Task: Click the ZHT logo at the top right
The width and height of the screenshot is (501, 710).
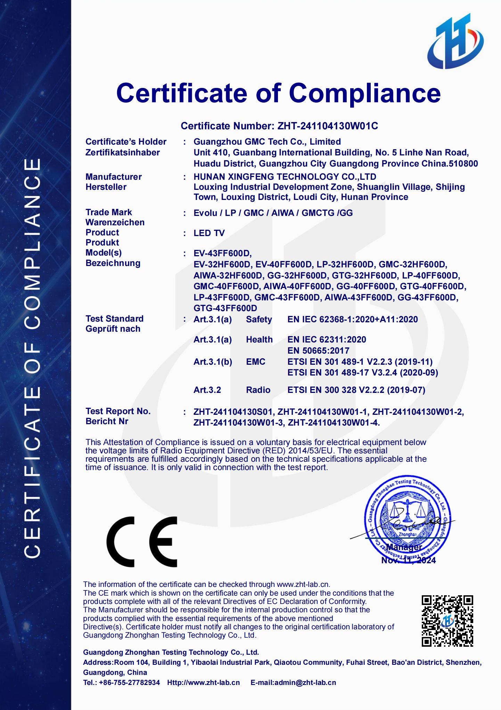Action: coord(455,42)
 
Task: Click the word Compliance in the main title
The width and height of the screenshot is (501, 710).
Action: coord(364,93)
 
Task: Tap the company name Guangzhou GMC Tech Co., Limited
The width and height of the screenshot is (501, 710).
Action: coord(267,142)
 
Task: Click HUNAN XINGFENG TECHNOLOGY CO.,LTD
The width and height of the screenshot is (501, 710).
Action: coord(285,177)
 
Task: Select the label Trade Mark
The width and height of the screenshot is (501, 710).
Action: coord(108,212)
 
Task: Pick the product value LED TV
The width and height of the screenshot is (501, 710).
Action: coord(209,233)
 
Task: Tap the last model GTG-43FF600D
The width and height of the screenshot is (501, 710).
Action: coord(225,308)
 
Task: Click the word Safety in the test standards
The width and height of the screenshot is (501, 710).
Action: coord(259,319)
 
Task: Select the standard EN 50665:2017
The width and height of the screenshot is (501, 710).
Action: coord(318,350)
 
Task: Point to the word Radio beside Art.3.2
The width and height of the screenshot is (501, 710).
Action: coord(258,390)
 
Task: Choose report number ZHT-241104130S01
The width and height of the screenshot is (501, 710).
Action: coord(233,412)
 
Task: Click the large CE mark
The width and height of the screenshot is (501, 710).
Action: coord(142,541)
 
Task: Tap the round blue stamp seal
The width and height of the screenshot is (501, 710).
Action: coord(407,516)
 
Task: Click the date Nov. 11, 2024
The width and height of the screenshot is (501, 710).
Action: coord(408,560)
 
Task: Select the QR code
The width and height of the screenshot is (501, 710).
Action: coord(447,621)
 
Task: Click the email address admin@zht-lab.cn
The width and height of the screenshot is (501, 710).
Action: coord(305,683)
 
